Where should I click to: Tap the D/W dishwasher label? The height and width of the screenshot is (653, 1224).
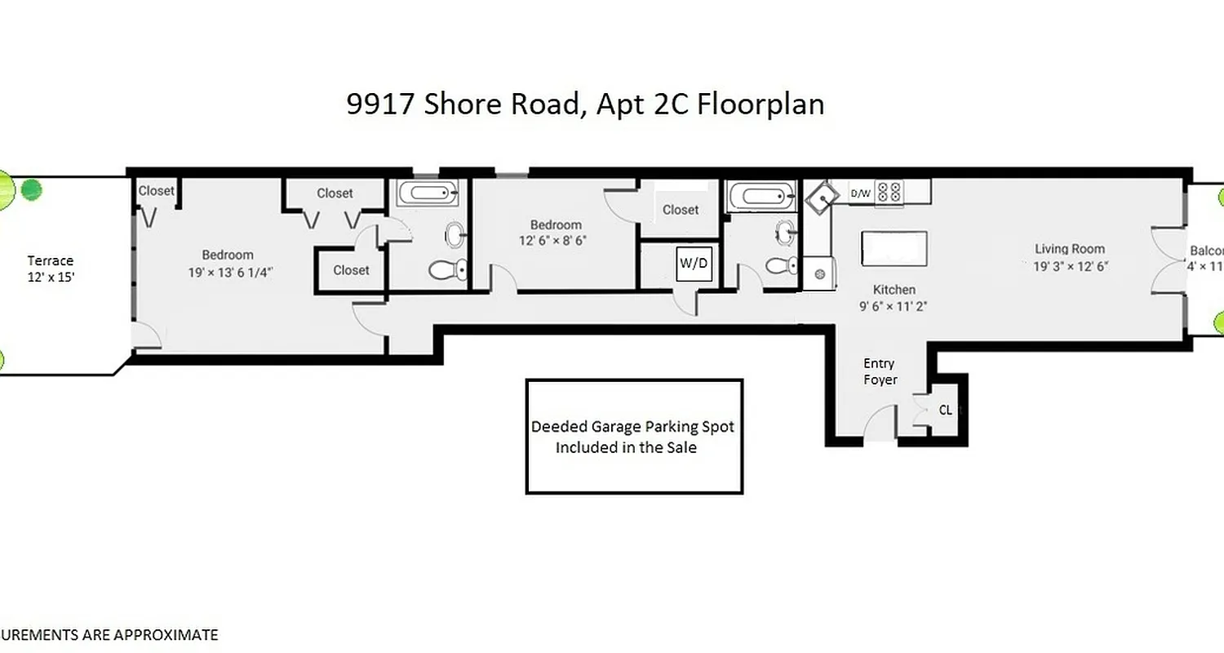point(860,193)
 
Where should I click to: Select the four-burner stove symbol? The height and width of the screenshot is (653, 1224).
point(890,193)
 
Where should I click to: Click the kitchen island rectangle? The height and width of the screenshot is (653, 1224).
point(894,248)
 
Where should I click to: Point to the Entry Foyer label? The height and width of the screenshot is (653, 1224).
point(879,371)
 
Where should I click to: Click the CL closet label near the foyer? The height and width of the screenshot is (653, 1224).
point(945,411)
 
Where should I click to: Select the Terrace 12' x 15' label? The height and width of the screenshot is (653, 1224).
point(51,269)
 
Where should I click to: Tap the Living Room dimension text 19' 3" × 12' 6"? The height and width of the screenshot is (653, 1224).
point(1070,266)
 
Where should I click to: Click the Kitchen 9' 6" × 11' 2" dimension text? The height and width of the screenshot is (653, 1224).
point(894,306)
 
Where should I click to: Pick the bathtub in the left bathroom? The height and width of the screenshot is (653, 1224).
point(428,194)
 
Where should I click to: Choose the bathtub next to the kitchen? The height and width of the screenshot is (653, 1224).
point(759,196)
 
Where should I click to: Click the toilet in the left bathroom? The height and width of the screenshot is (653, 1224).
point(447,269)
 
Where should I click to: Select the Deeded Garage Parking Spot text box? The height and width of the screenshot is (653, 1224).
point(634,437)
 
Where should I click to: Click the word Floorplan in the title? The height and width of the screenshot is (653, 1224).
point(759,105)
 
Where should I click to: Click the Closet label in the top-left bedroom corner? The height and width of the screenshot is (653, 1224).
point(156,191)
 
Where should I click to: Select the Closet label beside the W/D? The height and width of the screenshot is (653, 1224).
point(681,210)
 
